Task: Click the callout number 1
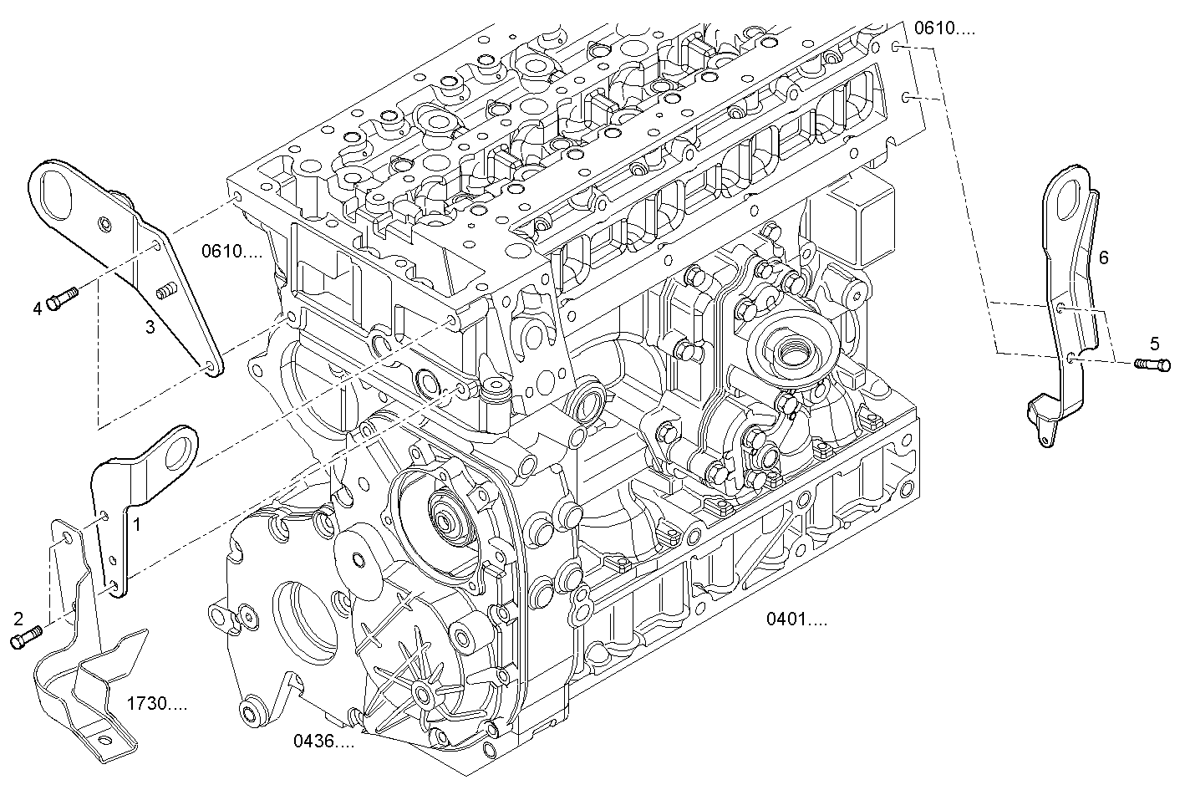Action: [x=137, y=524]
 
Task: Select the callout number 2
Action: [x=18, y=619]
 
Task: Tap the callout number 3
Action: [x=150, y=327]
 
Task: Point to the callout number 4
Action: [x=38, y=309]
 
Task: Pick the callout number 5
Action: [x=1154, y=343]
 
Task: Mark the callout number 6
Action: [x=1103, y=258]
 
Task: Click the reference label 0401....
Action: [x=797, y=619]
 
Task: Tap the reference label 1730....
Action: [x=156, y=704]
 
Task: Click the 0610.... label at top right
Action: [x=943, y=28]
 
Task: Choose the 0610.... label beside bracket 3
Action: [x=231, y=250]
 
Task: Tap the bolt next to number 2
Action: [x=26, y=638]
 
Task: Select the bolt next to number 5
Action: [x=1153, y=364]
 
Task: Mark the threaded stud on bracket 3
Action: [x=166, y=291]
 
